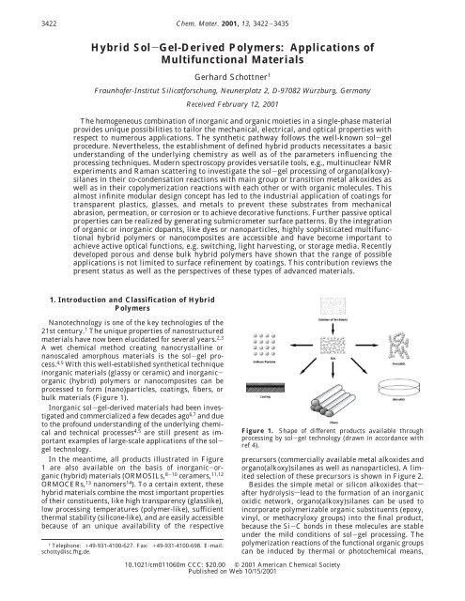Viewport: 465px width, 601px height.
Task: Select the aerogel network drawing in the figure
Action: [422, 361]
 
